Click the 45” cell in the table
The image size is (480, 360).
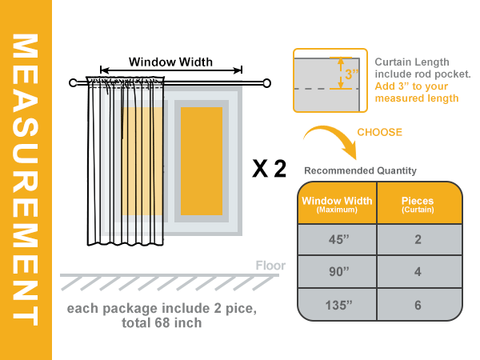pos(338,239)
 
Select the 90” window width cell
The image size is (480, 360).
pos(338,271)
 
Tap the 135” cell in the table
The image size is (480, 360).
pos(338,305)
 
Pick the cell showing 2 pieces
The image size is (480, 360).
pos(419,239)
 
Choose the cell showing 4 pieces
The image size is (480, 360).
pos(419,271)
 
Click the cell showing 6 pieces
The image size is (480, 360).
pos(419,305)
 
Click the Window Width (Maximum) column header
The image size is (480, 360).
pos(337,203)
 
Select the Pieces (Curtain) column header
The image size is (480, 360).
pos(419,203)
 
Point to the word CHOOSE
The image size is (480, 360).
pos(379,132)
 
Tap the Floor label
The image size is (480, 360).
pos(270,266)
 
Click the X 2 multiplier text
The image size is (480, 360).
pos(269,168)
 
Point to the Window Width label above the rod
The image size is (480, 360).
pos(170,62)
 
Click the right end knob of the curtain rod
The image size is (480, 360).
pos(266,83)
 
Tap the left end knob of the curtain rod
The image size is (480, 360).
pos(73,82)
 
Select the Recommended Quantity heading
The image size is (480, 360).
pos(360,170)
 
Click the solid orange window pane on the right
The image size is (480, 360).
pos(202,161)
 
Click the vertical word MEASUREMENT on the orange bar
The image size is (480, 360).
pos(26,179)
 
